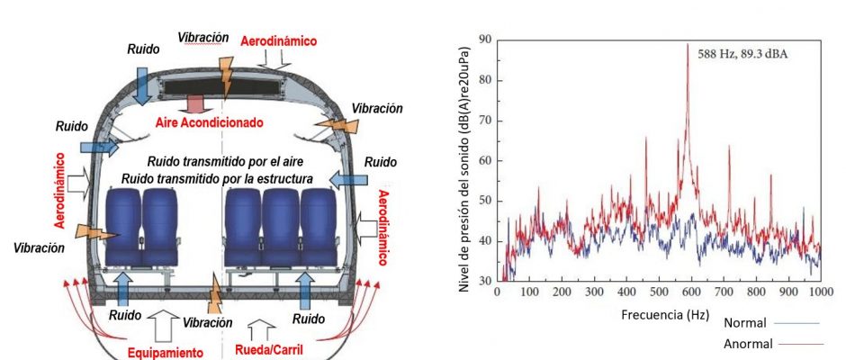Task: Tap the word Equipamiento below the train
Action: coord(165,352)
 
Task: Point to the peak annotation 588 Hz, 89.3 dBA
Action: coord(742,53)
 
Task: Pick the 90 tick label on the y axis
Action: coord(484,40)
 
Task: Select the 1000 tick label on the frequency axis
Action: coord(819,293)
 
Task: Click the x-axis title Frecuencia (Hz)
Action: coord(659,316)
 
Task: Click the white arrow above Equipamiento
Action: coord(166,325)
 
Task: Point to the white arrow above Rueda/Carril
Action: coord(261,328)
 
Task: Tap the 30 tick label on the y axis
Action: coord(484,281)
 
